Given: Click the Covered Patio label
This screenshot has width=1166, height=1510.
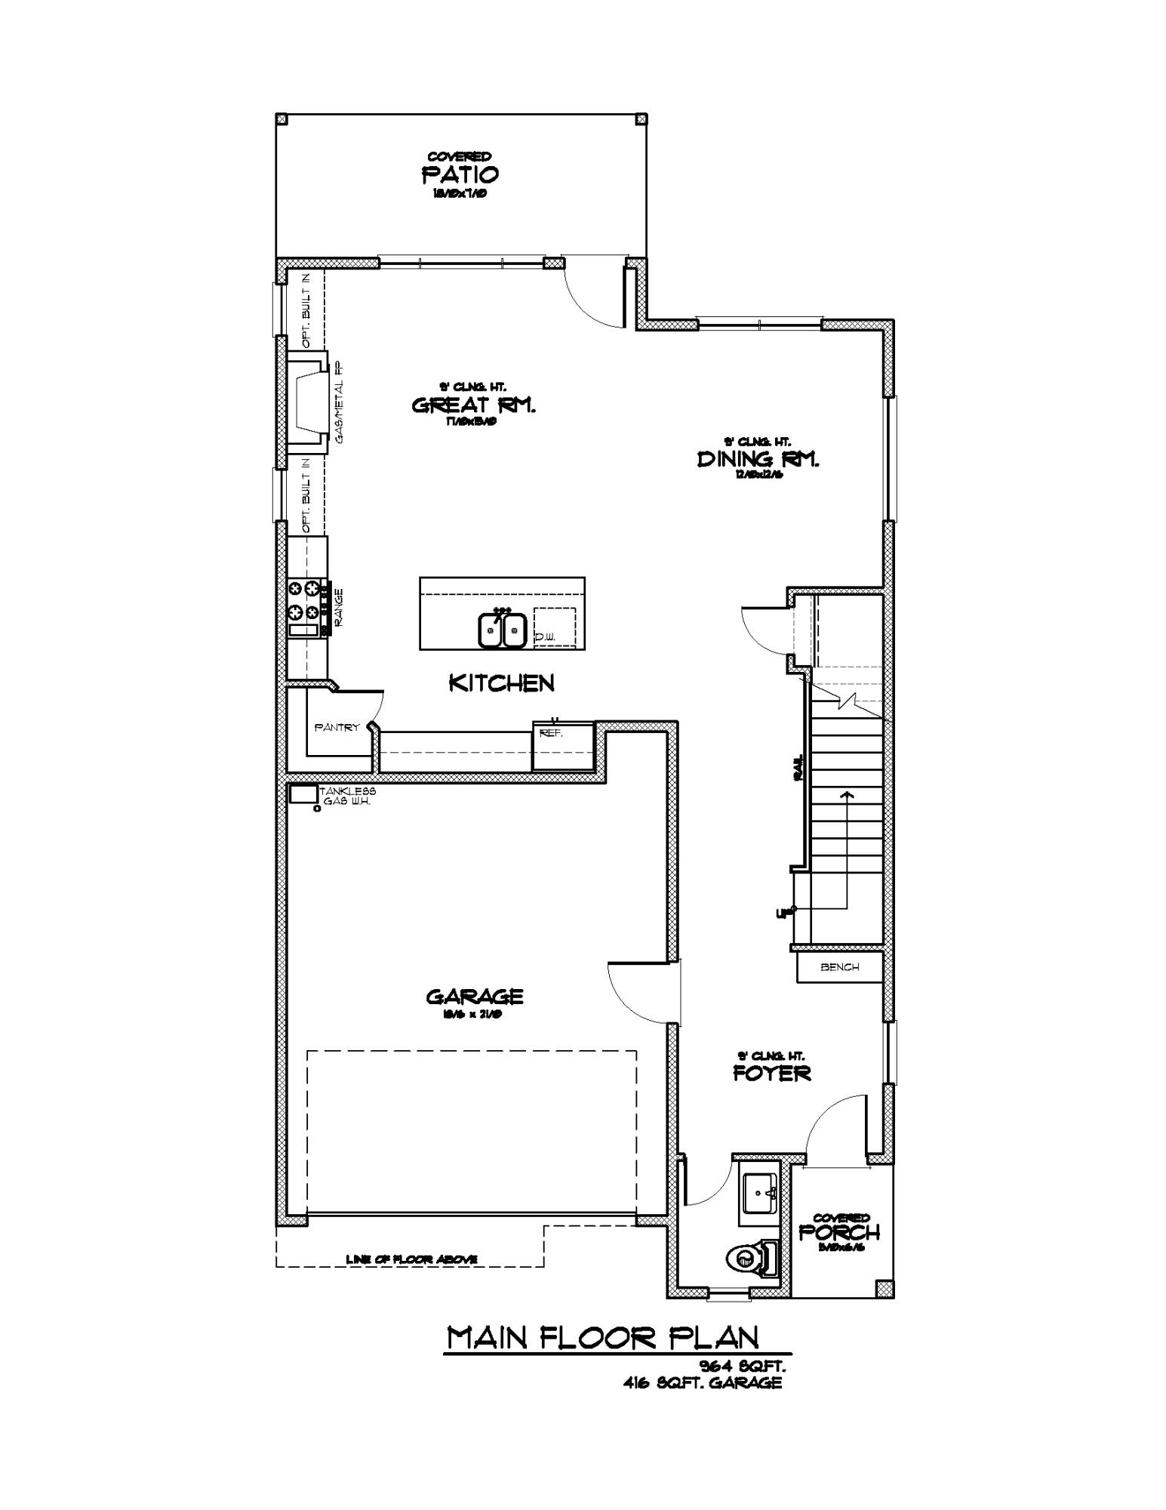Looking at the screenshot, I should [460, 174].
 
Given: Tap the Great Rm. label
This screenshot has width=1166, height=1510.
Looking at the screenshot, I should [473, 405].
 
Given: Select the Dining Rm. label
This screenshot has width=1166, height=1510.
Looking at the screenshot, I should [758, 459].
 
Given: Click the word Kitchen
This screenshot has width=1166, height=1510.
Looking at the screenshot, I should [502, 683].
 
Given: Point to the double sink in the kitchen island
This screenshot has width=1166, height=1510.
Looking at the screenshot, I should [502, 630].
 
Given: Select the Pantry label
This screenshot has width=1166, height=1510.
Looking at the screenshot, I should [337, 728].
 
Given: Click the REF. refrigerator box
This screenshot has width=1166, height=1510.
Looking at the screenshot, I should [561, 746].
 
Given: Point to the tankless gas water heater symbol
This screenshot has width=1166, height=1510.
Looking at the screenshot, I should [303, 794].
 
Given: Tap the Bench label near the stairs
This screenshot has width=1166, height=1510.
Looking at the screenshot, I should [839, 967].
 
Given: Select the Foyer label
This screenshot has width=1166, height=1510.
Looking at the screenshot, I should [771, 1073].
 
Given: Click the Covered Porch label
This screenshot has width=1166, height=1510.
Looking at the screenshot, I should [839, 1231].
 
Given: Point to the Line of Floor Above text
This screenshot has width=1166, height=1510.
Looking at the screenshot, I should [411, 1259].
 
